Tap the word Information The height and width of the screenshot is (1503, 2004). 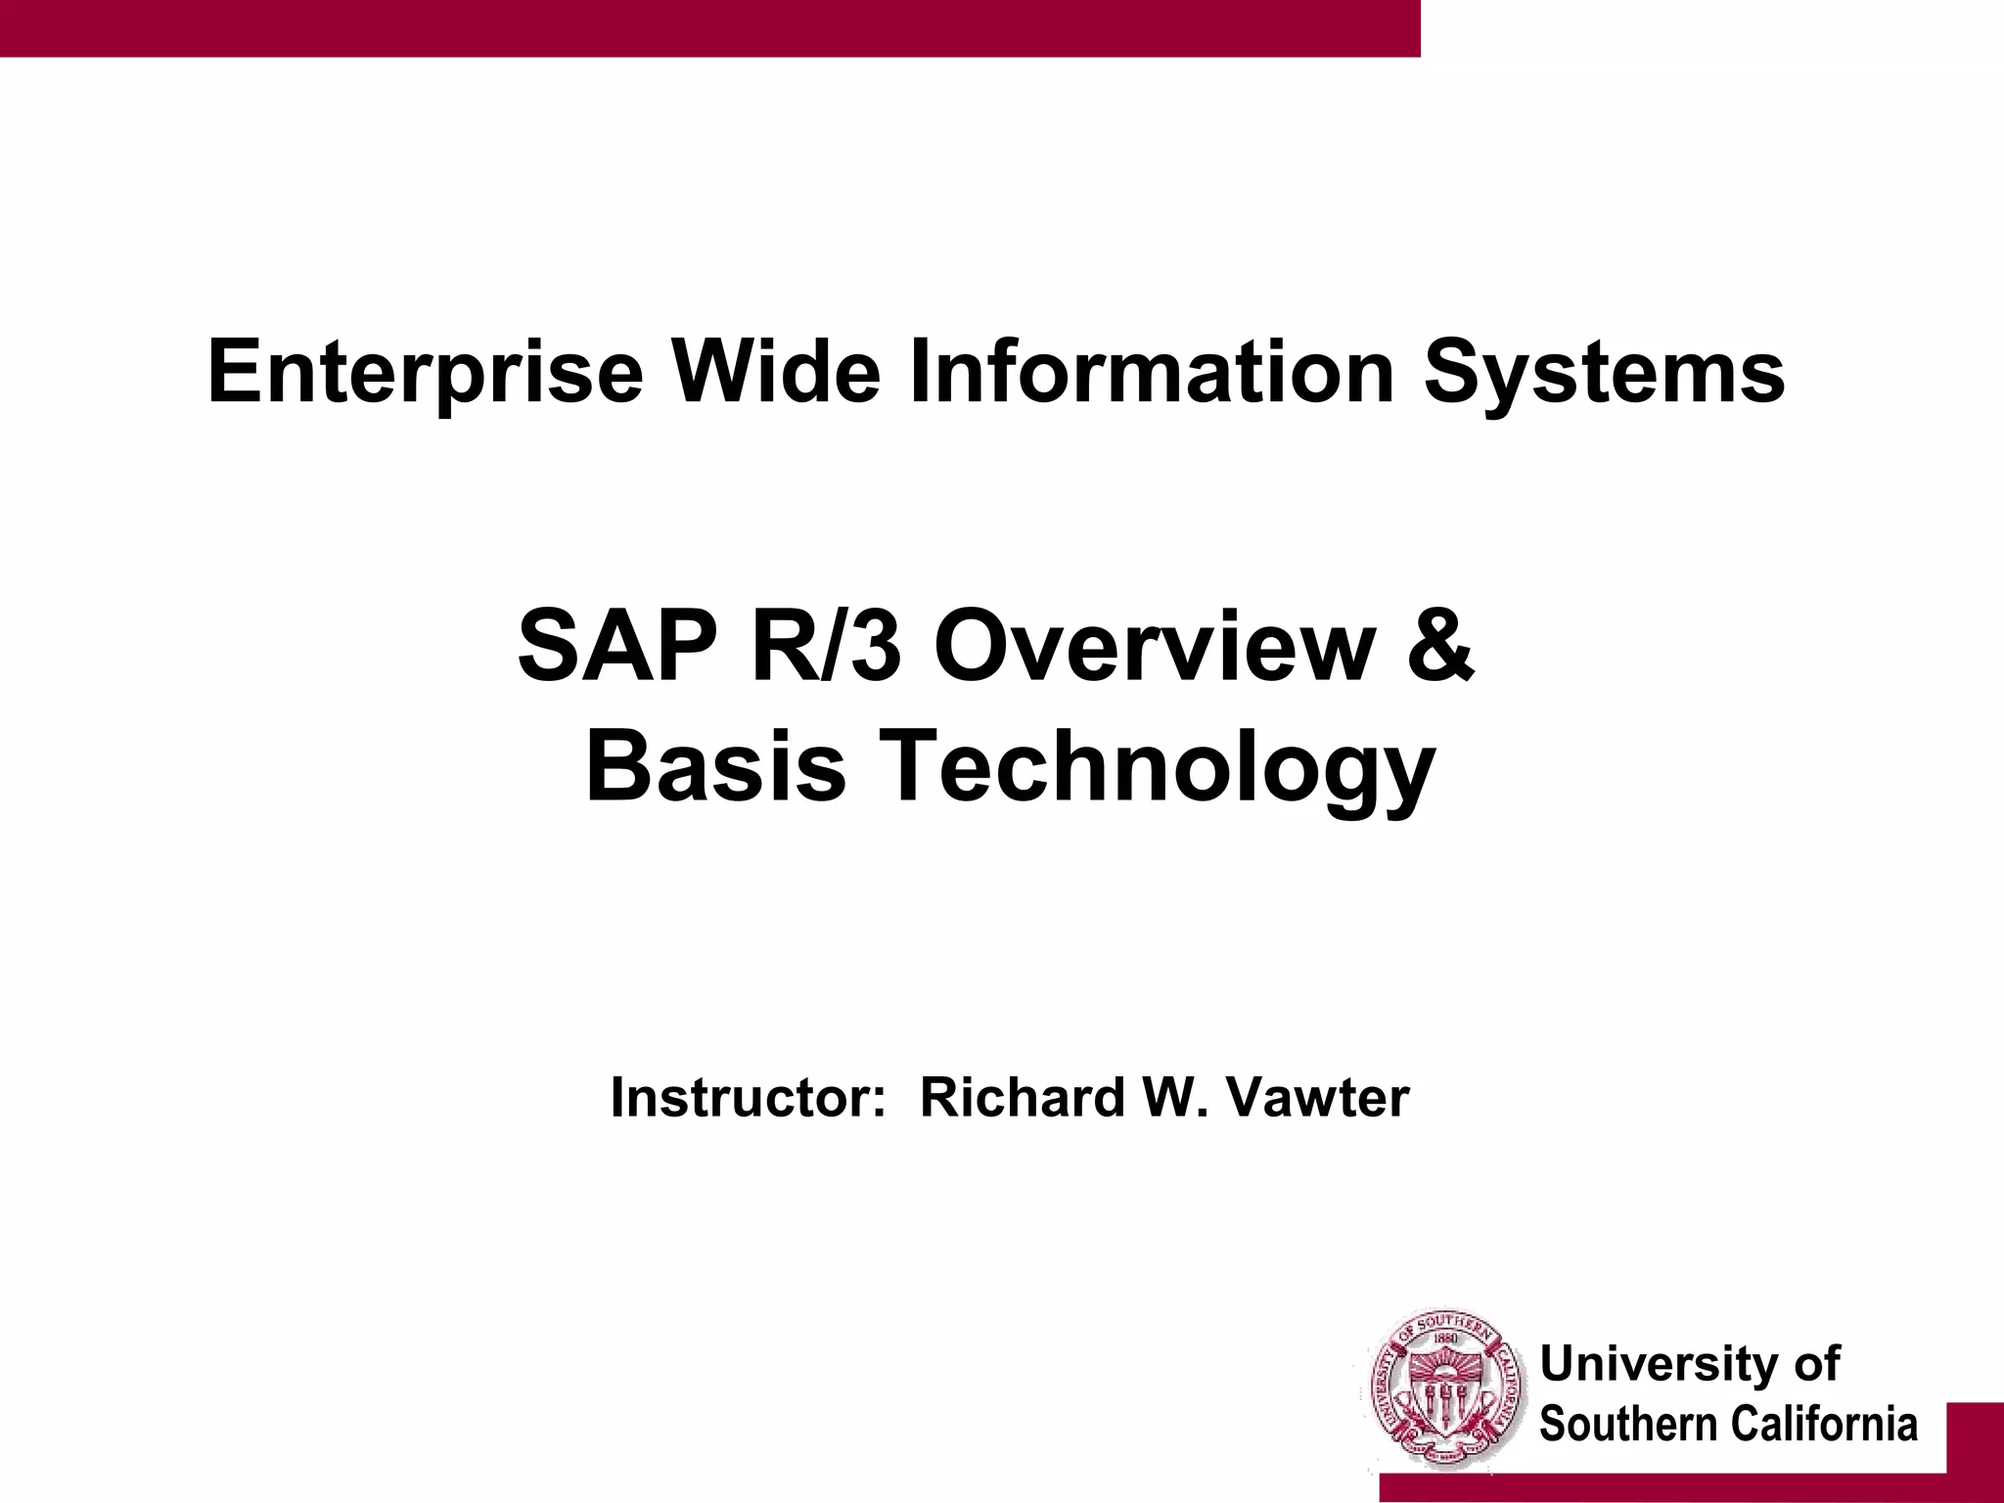point(1152,372)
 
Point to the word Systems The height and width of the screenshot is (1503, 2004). point(1604,372)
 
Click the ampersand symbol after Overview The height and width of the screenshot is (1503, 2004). point(1440,647)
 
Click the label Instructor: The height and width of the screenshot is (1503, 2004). point(748,1097)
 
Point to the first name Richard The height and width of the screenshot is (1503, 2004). point(1023,1097)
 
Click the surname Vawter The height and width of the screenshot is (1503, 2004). point(1317,1097)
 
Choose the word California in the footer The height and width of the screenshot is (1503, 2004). point(1823,1424)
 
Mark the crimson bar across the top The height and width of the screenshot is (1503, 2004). point(709,27)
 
